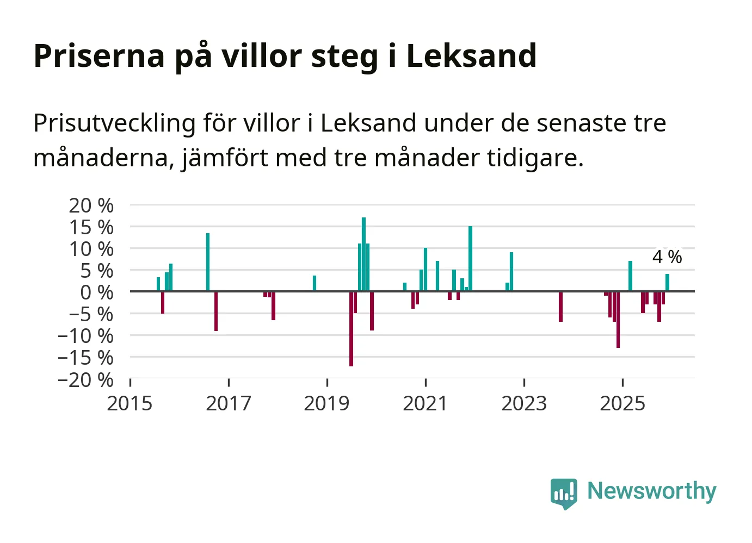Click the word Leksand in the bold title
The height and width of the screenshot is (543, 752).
[471, 55]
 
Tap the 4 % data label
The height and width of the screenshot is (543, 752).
[667, 257]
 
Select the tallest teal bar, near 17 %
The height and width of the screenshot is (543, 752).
[363, 254]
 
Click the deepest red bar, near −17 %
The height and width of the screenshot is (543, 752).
[351, 329]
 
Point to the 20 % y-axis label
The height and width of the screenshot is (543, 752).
[91, 205]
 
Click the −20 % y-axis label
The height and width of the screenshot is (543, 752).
[85, 379]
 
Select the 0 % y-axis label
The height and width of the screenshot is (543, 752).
[96, 292]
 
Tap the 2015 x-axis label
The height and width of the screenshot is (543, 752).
[130, 403]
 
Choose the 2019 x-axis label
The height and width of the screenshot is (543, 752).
[326, 403]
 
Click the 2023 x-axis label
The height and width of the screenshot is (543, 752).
[523, 403]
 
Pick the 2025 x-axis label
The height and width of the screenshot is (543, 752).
[622, 403]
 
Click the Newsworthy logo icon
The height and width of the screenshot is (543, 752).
[563, 494]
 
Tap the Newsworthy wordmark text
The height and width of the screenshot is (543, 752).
[651, 491]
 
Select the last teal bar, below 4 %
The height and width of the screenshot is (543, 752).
[667, 283]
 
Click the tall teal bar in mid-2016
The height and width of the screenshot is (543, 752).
[208, 262]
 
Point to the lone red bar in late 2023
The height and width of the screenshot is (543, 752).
[560, 307]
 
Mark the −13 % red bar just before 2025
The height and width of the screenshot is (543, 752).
[618, 320]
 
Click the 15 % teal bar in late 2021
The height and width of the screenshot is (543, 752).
[470, 259]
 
